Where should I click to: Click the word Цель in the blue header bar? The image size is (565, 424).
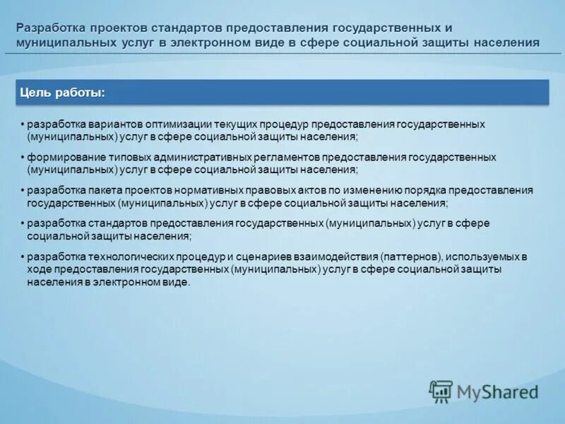coord(34,93)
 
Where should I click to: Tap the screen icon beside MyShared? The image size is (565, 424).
coord(441,391)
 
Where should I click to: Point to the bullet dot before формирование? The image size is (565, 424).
coord(23,157)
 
